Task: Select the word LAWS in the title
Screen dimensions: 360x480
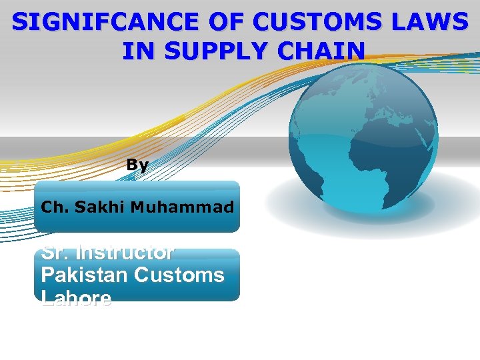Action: [x=433, y=22]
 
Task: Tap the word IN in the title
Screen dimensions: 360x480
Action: [x=137, y=50]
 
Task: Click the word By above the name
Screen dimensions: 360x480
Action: [x=138, y=165]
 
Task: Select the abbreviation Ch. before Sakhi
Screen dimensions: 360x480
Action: [x=55, y=207]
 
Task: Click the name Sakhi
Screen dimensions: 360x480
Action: [x=99, y=207]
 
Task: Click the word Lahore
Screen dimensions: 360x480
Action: [x=76, y=298]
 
